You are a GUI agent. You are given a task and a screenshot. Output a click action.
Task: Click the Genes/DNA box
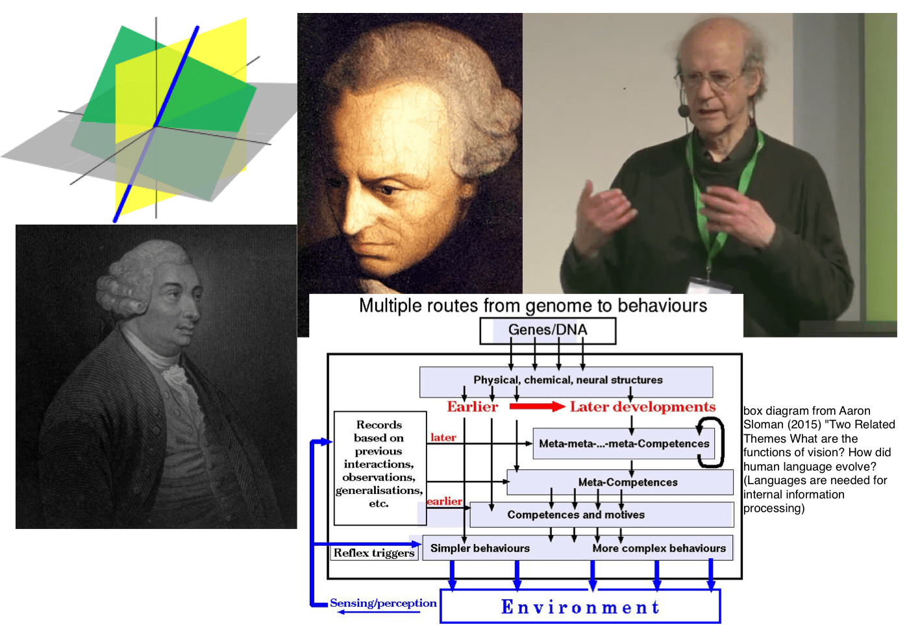coord(547,330)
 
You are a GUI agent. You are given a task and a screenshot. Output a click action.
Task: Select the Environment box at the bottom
coord(580,607)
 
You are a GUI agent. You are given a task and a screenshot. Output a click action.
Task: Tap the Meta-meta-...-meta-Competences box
coord(623,444)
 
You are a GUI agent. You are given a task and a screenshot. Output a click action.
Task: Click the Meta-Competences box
coord(627,482)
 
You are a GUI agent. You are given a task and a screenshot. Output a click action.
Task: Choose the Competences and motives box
coord(576,515)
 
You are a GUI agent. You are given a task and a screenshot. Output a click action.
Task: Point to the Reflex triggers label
coord(374,553)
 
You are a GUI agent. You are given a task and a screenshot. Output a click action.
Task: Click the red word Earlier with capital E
coord(472,407)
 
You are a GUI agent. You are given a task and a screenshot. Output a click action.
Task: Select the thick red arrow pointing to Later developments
coord(536,407)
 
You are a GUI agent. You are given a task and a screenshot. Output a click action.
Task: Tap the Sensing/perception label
coord(383,603)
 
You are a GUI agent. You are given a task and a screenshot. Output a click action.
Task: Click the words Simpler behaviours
coord(480,548)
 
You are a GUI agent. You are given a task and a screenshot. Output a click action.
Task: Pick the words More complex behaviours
coord(659,548)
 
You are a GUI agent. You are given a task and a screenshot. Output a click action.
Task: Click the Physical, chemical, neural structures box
coord(567,380)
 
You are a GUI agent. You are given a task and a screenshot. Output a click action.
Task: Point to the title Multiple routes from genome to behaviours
coord(533,306)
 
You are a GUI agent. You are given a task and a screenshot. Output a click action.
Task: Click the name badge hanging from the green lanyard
coord(708,286)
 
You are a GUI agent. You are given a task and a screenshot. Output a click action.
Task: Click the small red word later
coord(443,437)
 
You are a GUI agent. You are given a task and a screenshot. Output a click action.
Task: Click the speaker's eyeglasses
coord(711,81)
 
